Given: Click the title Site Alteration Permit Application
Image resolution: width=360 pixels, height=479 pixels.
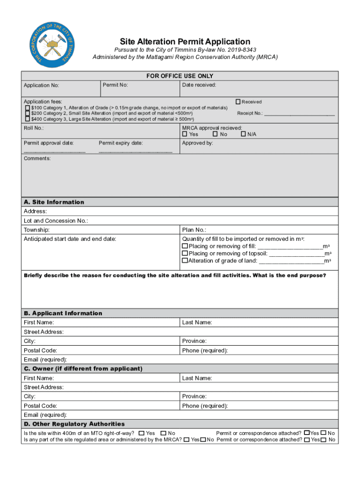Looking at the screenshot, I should (x=185, y=42).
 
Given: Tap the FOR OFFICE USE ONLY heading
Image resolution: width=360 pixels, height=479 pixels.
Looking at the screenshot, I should (x=180, y=76).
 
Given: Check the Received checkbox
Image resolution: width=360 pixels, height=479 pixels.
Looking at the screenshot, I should (x=238, y=102).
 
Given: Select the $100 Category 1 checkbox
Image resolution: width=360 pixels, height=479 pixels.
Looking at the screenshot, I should (x=27, y=108).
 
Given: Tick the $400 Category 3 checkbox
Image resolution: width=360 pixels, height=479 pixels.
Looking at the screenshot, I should (x=27, y=119).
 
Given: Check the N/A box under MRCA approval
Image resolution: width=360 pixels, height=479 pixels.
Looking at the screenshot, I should (x=243, y=134).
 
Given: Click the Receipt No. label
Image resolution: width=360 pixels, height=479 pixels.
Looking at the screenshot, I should (x=250, y=113).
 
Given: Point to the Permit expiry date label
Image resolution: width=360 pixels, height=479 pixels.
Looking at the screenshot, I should (x=121, y=143).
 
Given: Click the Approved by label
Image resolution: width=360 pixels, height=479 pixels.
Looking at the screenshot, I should (x=197, y=143).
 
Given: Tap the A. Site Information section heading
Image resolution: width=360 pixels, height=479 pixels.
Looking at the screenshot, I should (x=54, y=202).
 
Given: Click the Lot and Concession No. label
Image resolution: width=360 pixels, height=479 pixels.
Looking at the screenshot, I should (x=56, y=221).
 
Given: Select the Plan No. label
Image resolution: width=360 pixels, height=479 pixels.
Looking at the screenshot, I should (x=194, y=230).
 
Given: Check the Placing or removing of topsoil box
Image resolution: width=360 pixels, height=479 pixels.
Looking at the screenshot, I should (x=185, y=253).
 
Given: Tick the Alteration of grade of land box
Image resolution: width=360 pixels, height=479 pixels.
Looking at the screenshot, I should (x=185, y=261).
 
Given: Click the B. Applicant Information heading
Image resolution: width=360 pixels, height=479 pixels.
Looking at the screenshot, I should (x=63, y=313).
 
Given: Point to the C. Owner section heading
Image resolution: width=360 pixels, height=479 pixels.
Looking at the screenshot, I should (x=83, y=369).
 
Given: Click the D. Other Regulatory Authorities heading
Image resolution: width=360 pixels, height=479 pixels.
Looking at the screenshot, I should (x=74, y=424).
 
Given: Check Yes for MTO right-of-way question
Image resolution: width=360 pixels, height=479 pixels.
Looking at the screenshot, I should (x=142, y=433).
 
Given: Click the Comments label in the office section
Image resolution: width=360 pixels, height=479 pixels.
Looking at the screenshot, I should (x=37, y=159).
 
